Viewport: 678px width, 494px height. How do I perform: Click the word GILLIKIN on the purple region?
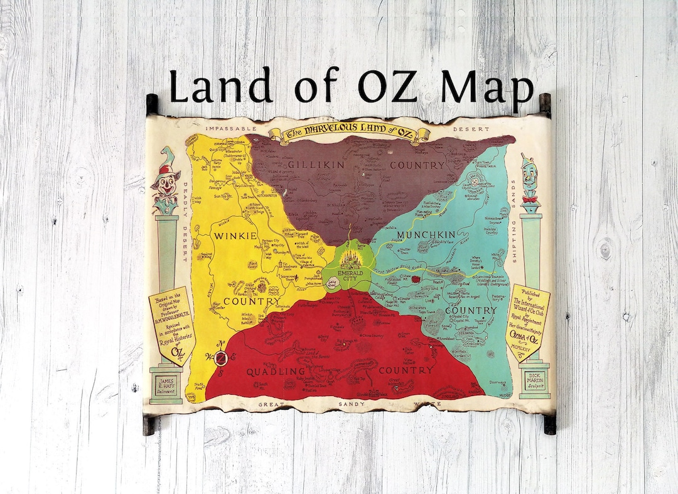point(309,165)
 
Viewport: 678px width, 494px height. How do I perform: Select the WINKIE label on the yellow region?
point(235,236)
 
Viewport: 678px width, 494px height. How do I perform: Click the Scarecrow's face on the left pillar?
point(166,185)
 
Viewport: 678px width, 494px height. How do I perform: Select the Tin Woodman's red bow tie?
point(530,199)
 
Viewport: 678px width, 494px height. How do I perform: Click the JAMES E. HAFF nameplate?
point(166,383)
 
